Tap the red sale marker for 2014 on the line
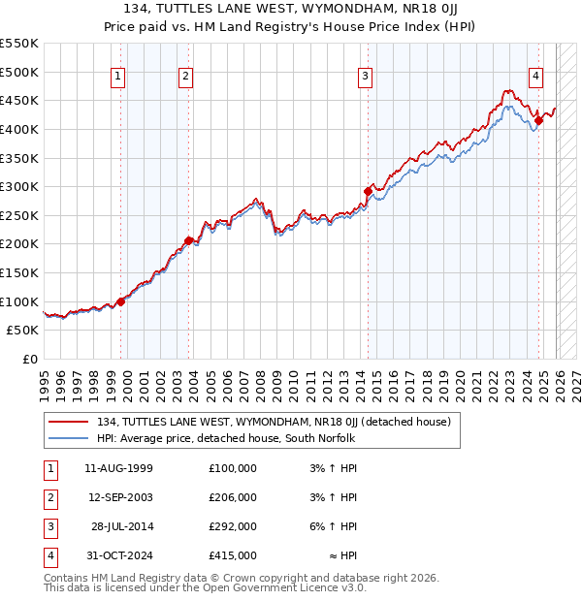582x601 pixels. click(x=368, y=191)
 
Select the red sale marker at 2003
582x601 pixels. click(x=188, y=240)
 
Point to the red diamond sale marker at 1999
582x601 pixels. click(x=121, y=301)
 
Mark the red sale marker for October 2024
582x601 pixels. click(x=538, y=120)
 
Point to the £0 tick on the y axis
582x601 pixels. click(x=29, y=359)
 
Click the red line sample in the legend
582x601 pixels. click(x=68, y=422)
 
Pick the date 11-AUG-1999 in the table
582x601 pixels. click(x=118, y=468)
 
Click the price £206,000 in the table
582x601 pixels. click(x=233, y=497)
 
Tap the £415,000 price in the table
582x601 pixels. click(x=233, y=555)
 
